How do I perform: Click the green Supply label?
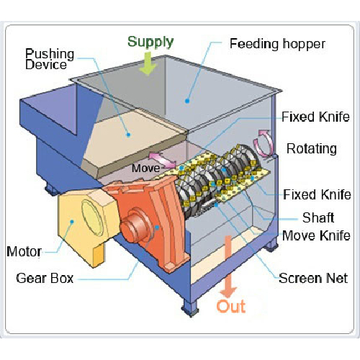(x=150, y=42)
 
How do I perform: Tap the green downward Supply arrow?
(x=148, y=63)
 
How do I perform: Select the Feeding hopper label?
(x=277, y=44)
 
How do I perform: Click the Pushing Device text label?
(x=50, y=59)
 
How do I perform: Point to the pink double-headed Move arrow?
(x=163, y=161)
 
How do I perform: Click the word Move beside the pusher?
(x=145, y=168)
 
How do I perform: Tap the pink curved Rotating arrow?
(x=265, y=143)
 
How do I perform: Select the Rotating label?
(x=312, y=149)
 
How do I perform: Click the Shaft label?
(x=318, y=217)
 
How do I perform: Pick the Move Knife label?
(x=316, y=235)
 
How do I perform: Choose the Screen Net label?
(x=313, y=279)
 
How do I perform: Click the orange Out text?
(x=231, y=306)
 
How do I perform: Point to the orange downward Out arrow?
(x=228, y=266)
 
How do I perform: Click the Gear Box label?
(x=45, y=279)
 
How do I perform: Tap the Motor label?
(x=24, y=251)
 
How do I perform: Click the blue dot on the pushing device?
(x=128, y=135)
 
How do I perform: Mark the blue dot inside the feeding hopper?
(x=187, y=101)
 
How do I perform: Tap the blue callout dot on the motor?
(x=72, y=222)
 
